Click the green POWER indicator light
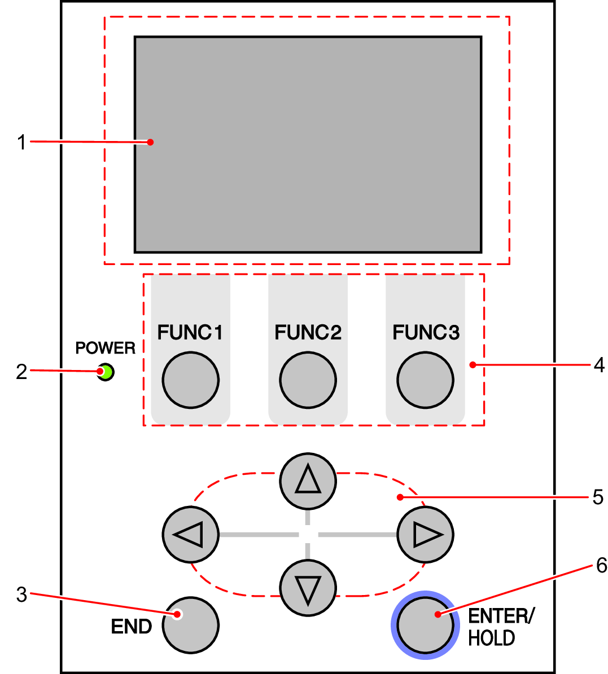coord(106,372)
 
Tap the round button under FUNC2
coord(308,380)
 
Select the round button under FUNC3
coord(425,380)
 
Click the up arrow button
coord(308,481)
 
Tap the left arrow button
coord(190,534)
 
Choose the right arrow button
coord(425,534)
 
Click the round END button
coord(190,625)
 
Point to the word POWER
coord(106,348)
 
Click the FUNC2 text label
coord(308,333)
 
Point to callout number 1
coord(21,142)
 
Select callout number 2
coord(21,372)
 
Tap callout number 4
coord(599,365)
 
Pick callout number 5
coord(598,497)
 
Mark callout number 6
coord(601,565)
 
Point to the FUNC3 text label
coord(426,333)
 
